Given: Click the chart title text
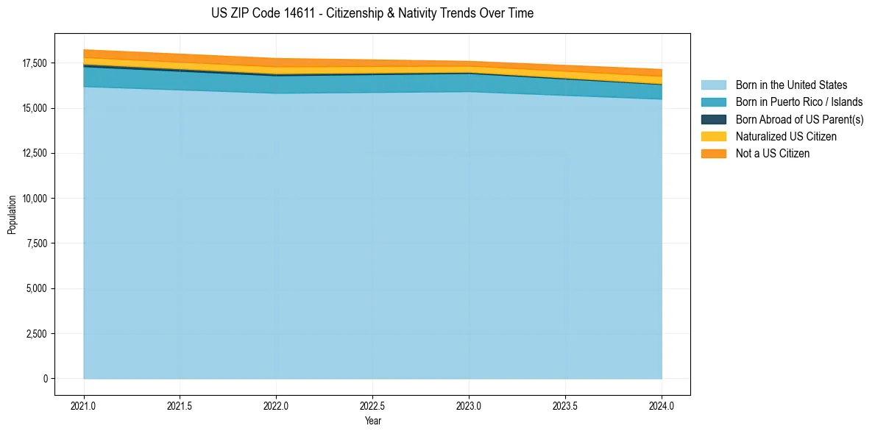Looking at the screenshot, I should (372, 13).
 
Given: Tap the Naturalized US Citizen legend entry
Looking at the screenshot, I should (786, 137).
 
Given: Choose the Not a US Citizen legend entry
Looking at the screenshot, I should (773, 154).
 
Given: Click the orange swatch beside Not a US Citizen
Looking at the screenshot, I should (714, 154).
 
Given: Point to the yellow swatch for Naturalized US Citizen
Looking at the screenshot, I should (714, 137).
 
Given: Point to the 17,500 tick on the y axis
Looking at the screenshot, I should (35, 63).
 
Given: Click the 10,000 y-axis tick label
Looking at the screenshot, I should (35, 199).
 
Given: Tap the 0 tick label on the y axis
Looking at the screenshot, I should (45, 379).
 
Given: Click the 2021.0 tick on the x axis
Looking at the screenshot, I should (84, 405).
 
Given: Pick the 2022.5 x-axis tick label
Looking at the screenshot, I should (372, 405).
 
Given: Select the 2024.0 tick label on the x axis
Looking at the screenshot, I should (662, 405).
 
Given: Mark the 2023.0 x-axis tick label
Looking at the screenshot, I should (469, 405).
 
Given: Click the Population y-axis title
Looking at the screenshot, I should (12, 215).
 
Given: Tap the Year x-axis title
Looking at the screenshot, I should (372, 421).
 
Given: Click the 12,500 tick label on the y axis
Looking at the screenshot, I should (35, 154).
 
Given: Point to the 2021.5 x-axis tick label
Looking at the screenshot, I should (180, 405).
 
